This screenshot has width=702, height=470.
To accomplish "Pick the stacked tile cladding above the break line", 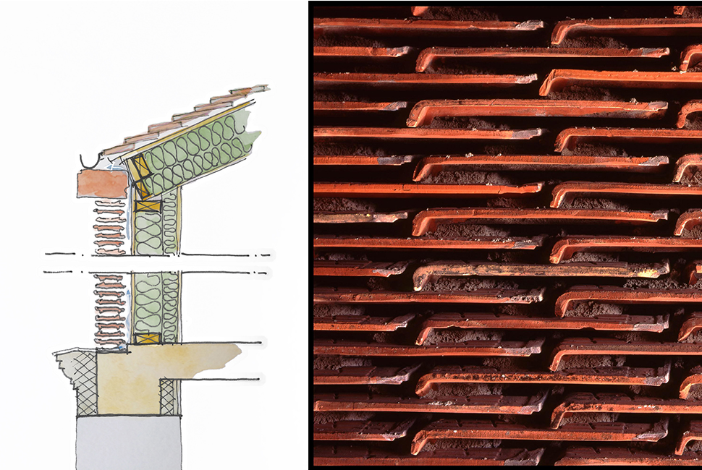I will click(x=109, y=228).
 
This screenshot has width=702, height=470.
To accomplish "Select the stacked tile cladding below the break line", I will click(x=109, y=311).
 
